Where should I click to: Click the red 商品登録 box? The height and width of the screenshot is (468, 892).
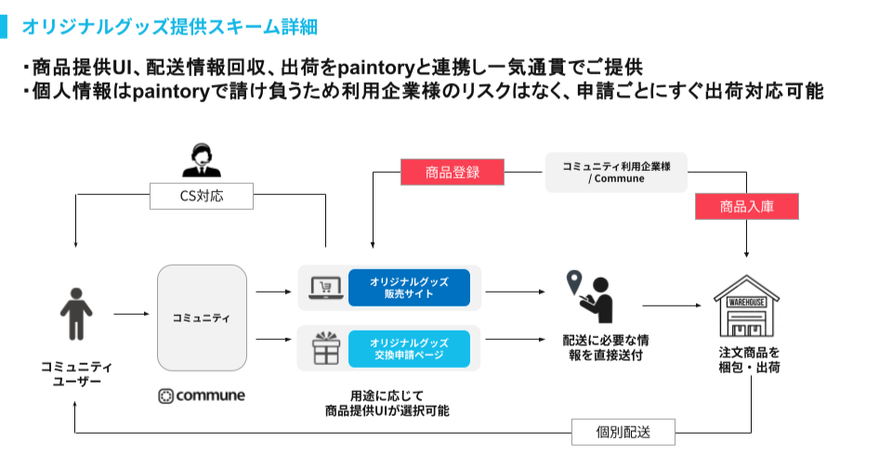tap(453, 173)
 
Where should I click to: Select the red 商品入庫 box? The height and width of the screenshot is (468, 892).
tap(746, 206)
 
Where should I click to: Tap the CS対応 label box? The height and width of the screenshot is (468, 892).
tap(202, 196)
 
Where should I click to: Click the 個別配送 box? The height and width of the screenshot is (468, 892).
tap(623, 432)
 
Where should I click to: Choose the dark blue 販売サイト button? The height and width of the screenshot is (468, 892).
tap(409, 288)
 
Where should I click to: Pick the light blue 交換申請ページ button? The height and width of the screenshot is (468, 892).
tap(409, 348)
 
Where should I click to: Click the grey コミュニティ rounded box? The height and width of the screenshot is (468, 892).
tap(202, 318)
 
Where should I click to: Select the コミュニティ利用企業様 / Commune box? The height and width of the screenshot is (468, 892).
tap(616, 173)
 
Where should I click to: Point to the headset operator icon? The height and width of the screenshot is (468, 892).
tap(202, 161)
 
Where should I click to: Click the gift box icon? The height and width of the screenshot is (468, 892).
tap(326, 348)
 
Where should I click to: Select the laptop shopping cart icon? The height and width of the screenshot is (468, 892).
tap(326, 288)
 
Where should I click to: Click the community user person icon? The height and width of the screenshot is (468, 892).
tap(76, 314)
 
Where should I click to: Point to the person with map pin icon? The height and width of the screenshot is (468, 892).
tap(590, 296)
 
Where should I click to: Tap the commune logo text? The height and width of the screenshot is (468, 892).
tap(202, 396)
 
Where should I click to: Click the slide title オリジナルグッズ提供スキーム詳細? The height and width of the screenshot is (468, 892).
tap(169, 27)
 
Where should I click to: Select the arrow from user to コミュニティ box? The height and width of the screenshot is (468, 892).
tap(131, 314)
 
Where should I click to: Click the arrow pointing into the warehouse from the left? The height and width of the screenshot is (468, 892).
tap(672, 305)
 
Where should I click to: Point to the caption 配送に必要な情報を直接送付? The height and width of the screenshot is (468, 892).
tap(605, 347)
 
